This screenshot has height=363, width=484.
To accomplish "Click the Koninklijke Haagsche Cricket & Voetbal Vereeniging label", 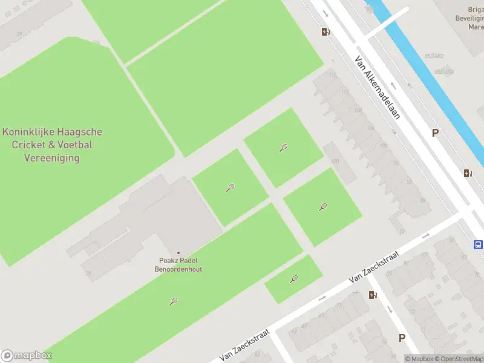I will coord(52,145).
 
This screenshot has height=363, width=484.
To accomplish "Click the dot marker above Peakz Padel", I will coord(178,252).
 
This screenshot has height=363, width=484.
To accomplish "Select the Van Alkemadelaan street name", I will coord(378,88).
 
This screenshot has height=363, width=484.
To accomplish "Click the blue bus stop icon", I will coord(478,245).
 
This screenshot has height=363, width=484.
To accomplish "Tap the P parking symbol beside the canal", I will coord(434,133).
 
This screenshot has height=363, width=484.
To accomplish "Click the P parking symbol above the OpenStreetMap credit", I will coord(401,338).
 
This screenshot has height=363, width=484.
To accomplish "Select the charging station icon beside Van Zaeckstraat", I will coord(372,295).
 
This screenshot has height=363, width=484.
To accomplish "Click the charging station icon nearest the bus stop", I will coord(468,173).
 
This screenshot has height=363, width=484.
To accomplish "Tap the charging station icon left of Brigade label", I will coord(325,32).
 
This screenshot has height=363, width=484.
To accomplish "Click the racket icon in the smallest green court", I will coord(294,279).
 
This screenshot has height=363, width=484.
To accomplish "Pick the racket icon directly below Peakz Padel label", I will coord(174,301).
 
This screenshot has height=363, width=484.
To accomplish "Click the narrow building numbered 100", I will coord(339,162).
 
